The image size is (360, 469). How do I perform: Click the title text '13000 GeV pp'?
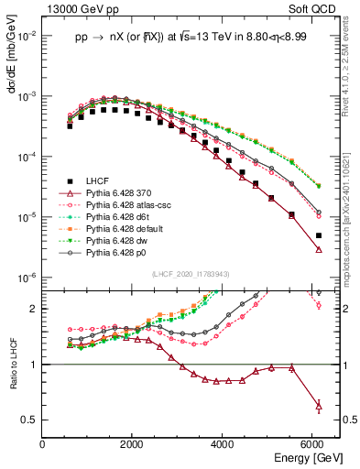[75, 9]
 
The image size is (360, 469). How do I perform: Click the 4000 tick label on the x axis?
[222, 444]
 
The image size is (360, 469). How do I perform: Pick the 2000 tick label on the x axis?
[132, 444]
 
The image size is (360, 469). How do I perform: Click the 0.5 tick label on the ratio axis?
[29, 420]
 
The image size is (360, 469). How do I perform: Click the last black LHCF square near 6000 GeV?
[318, 235]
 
